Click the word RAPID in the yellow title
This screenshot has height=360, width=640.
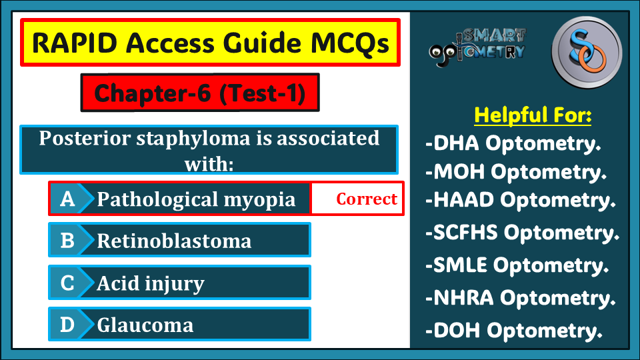(x=75, y=43)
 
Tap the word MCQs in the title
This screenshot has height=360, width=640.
(x=350, y=43)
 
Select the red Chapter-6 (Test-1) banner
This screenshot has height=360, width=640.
(x=200, y=93)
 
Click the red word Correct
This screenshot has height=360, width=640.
(x=367, y=199)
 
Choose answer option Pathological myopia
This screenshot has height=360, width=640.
(x=196, y=199)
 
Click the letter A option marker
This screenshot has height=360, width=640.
(x=67, y=199)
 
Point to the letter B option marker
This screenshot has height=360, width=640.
(x=67, y=241)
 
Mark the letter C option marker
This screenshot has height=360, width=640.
(x=67, y=283)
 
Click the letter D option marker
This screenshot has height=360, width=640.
(x=67, y=325)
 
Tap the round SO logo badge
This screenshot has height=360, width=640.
(x=587, y=52)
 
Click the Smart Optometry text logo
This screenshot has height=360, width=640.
(x=477, y=47)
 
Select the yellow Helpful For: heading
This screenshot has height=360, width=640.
(x=533, y=115)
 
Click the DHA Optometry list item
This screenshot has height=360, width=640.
(x=513, y=143)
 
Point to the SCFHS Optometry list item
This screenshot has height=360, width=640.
(x=523, y=233)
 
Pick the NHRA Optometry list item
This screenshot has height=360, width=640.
(x=521, y=298)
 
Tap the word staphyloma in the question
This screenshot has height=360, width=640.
(x=193, y=139)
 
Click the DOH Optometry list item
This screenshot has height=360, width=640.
(x=514, y=331)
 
